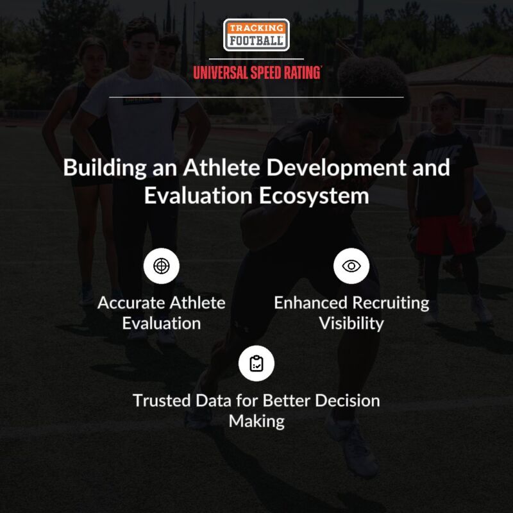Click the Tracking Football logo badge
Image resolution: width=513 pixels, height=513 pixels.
[256, 35]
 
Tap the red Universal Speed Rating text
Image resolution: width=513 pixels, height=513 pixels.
[256, 72]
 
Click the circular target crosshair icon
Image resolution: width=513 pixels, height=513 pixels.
[162, 266]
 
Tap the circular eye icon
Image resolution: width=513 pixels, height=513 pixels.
[351, 266]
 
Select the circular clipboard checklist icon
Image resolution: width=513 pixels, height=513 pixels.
[256, 364]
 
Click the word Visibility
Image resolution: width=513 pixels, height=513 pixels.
[351, 323]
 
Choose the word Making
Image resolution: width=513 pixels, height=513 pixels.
[256, 421]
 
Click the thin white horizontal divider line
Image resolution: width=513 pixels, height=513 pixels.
[256, 97]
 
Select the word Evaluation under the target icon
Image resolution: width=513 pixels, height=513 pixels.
[162, 323]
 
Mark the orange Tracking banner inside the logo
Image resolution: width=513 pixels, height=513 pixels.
[256, 28]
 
